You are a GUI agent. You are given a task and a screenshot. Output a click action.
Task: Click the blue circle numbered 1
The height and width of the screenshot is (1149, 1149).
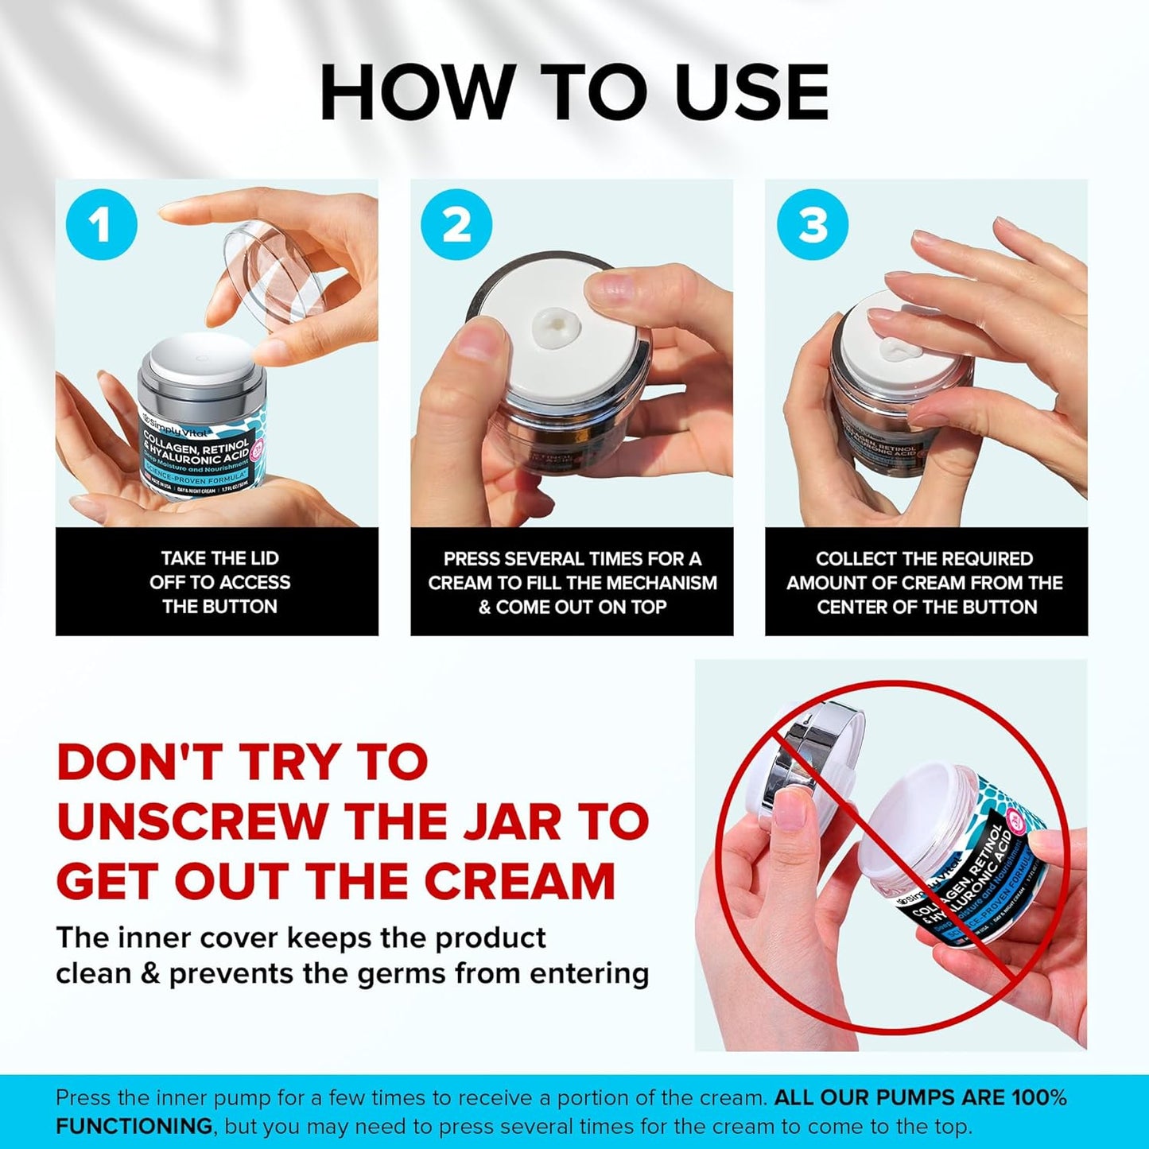click(x=101, y=225)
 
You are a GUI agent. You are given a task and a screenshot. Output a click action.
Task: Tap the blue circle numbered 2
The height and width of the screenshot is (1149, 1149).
click(x=456, y=225)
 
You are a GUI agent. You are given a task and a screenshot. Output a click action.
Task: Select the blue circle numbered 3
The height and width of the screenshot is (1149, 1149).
click(x=812, y=225)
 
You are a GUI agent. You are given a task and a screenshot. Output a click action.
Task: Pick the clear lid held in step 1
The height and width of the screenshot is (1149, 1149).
click(x=274, y=271)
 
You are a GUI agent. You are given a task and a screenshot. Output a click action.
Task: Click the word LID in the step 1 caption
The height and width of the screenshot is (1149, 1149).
click(x=262, y=558)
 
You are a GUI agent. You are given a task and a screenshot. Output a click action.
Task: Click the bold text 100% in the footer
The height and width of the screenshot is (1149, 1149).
click(x=1038, y=1098)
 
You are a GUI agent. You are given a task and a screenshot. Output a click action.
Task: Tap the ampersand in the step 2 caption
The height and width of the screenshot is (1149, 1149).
click(x=484, y=607)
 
